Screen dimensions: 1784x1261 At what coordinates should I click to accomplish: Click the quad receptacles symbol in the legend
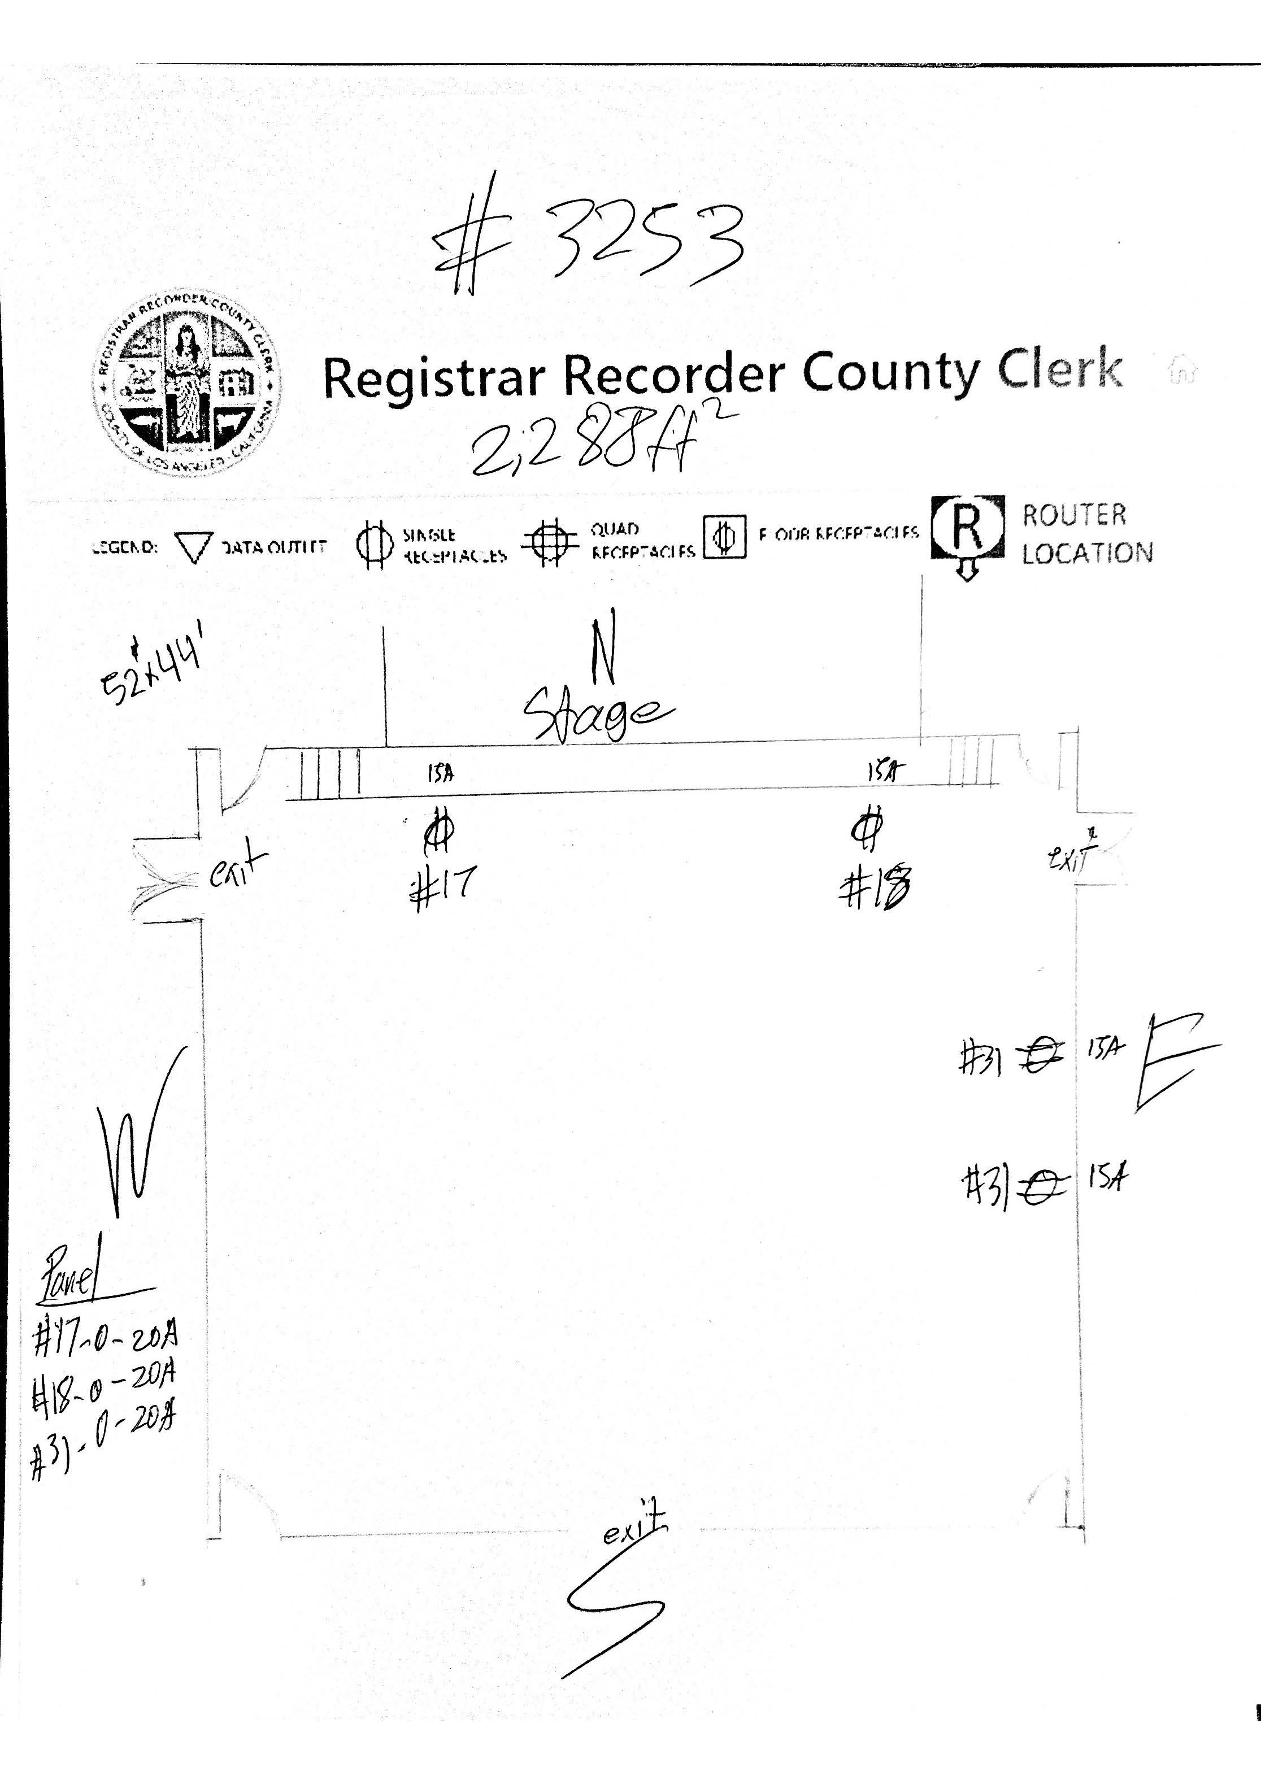[549, 542]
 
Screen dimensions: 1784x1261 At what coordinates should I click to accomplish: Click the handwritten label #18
[876, 887]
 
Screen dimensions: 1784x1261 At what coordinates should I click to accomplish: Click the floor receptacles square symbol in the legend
[724, 537]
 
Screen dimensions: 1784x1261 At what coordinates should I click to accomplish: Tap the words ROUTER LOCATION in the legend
[1086, 534]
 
